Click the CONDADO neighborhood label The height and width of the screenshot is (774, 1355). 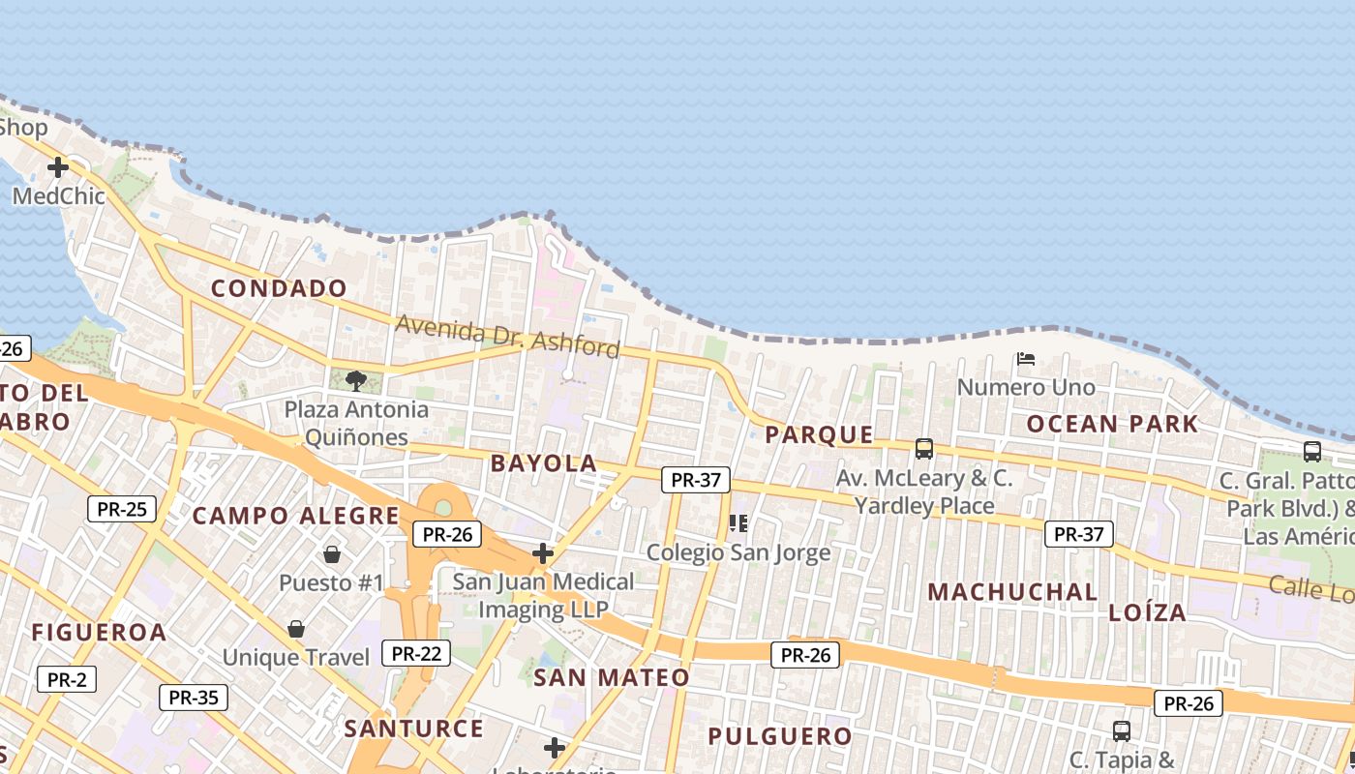click(279, 288)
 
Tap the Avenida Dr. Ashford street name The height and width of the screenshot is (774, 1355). click(507, 337)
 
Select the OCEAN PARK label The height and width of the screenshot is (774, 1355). click(1112, 424)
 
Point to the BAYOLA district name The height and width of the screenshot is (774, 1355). click(544, 463)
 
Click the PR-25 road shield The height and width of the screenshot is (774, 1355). click(122, 509)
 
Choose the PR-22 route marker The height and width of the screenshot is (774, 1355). click(416, 654)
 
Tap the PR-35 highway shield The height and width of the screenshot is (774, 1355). click(194, 697)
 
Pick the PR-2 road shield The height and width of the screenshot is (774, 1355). click(67, 679)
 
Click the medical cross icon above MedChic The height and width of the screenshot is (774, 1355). click(58, 167)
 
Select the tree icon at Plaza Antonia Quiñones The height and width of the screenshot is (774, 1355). click(356, 380)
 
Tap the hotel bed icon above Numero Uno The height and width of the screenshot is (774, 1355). click(1026, 359)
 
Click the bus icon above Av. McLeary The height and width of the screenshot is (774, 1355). click(924, 449)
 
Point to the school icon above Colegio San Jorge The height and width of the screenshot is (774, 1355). click(739, 523)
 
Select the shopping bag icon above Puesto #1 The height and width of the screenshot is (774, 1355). click(332, 554)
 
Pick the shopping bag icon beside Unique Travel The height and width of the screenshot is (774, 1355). click(296, 629)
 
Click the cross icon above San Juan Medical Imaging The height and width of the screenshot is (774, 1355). click(543, 553)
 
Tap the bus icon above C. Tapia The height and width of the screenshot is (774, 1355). click(1122, 731)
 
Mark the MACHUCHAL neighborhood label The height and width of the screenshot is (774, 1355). click(1012, 592)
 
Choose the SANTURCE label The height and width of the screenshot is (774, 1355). click(413, 729)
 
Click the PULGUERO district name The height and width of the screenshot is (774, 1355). click(780, 736)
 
